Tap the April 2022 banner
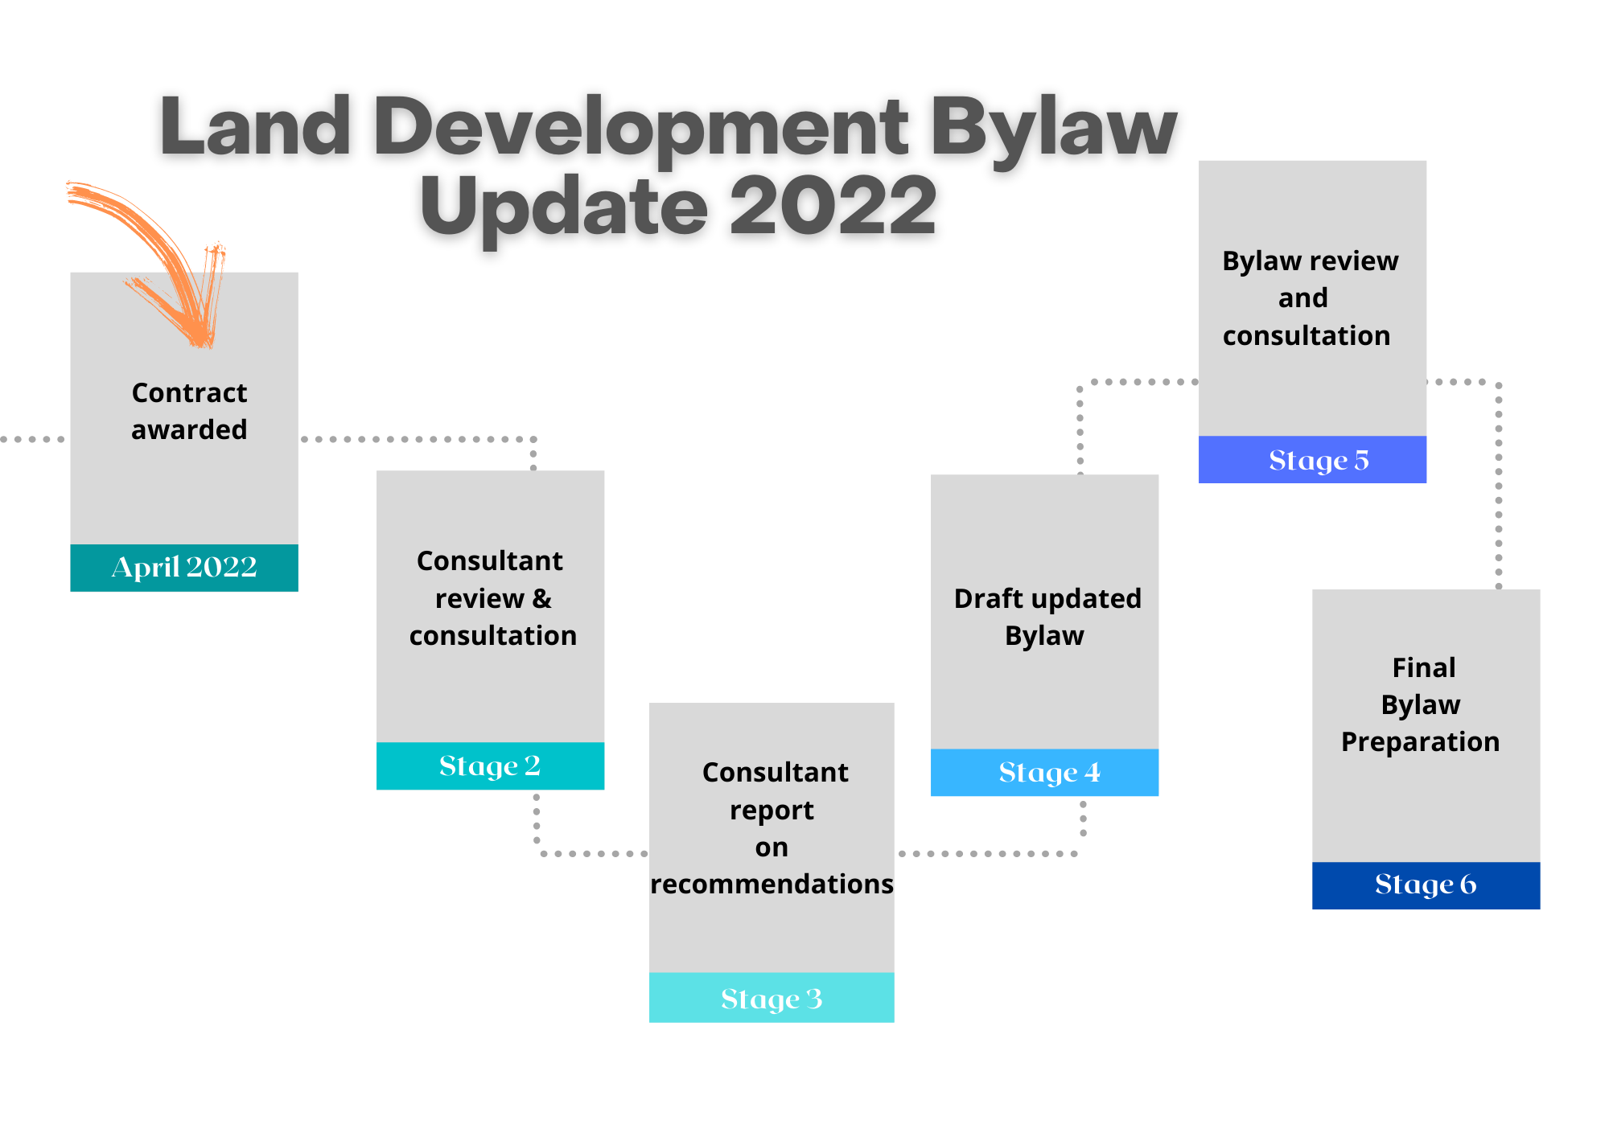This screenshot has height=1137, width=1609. [184, 568]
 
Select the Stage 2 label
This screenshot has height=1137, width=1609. [490, 766]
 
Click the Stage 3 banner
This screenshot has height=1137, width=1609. [772, 998]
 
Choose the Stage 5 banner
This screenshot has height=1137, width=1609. [1312, 460]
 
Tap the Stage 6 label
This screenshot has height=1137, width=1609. [1426, 885]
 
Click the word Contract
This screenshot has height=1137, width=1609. [189, 392]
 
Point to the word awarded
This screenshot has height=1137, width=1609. [189, 429]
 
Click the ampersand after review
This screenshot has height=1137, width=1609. [541, 598]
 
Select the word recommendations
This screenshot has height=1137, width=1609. [772, 884]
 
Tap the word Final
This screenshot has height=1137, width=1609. [1424, 667]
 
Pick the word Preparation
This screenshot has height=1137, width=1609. [1421, 741]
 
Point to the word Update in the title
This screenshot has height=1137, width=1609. [564, 208]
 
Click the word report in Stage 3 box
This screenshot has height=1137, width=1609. [772, 811]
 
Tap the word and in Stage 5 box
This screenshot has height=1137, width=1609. [1303, 298]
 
